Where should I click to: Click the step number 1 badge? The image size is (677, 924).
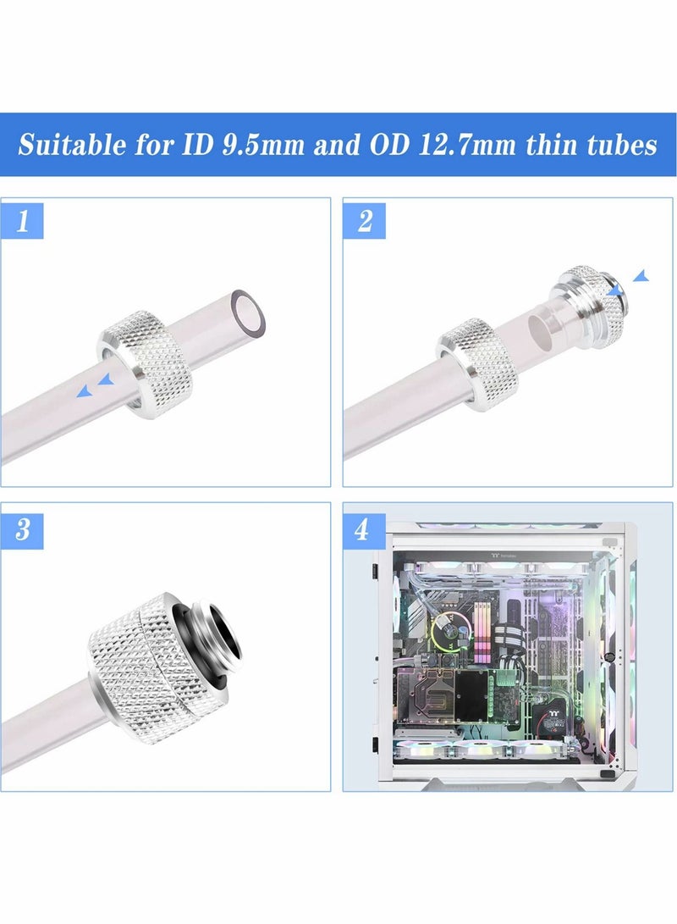tap(23, 222)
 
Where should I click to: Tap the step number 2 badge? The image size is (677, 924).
tap(365, 222)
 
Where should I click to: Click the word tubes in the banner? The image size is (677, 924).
tap(618, 145)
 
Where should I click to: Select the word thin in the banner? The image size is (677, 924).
tap(550, 145)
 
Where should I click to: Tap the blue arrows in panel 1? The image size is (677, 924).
tap(95, 387)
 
